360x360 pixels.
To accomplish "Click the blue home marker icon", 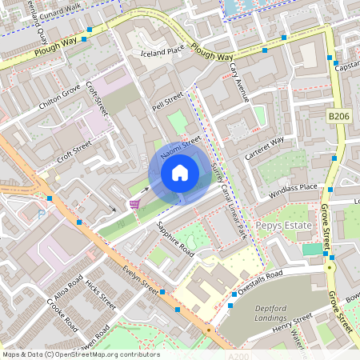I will tap(180, 173).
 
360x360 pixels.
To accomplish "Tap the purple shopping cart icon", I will tap(134, 204).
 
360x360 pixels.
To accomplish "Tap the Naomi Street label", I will tap(180, 147).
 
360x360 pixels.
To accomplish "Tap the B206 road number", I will tap(339, 116).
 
